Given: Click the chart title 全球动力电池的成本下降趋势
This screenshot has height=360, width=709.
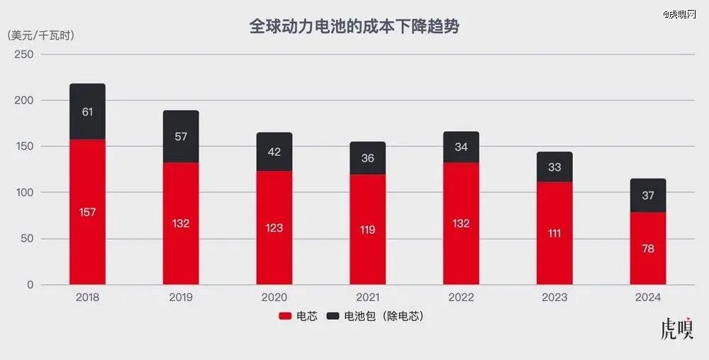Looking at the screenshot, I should (x=354, y=27).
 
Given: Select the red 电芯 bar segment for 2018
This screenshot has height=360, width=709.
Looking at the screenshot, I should (x=87, y=213).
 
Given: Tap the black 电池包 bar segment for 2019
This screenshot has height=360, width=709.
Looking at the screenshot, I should (x=181, y=137).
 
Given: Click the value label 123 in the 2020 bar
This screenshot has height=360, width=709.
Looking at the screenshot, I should (x=274, y=227).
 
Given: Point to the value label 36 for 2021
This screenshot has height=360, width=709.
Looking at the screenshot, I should (x=368, y=159).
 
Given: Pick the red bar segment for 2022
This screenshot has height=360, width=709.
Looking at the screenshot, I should (x=462, y=223).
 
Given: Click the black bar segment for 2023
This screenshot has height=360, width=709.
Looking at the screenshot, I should (x=554, y=167).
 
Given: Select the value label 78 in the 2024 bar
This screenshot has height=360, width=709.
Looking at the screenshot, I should (x=648, y=249).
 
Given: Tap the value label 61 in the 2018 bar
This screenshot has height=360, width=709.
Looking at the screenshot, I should (x=87, y=112).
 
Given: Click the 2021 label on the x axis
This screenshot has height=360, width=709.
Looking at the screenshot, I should (x=368, y=298).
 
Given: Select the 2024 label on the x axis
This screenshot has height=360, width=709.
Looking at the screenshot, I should (x=648, y=298).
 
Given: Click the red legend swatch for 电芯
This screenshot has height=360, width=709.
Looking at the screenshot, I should (x=285, y=317).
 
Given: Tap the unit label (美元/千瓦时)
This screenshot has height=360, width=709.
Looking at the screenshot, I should (x=41, y=35).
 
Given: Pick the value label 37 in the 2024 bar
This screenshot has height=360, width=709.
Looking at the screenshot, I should (x=648, y=196).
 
